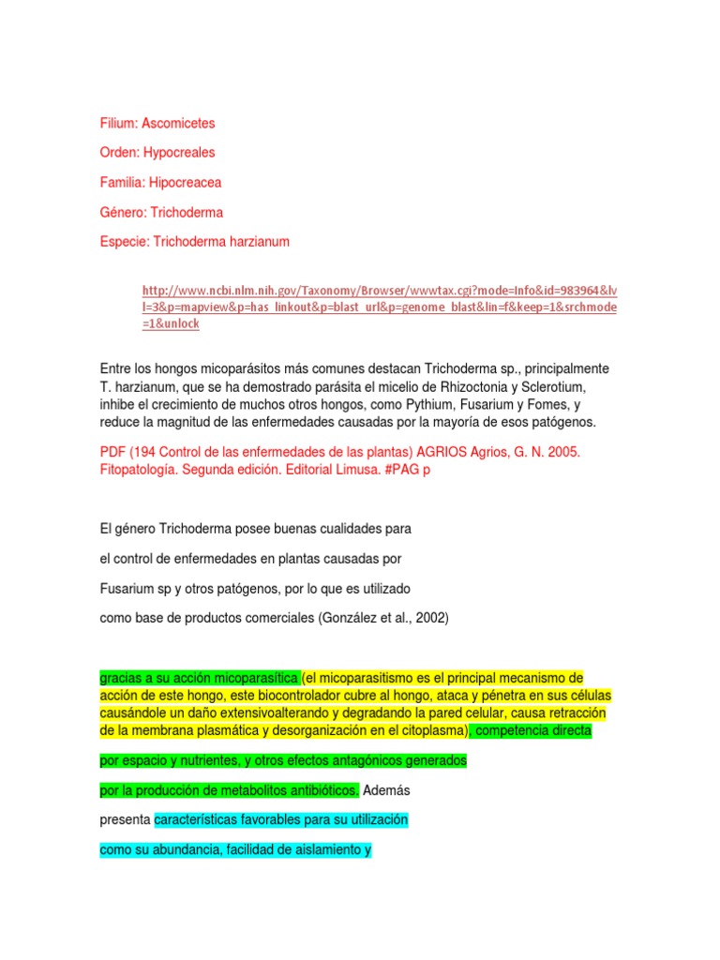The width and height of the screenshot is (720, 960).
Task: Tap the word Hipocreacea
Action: pyautogui.click(x=187, y=182)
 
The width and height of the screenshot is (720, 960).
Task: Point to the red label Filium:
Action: pyautogui.click(x=118, y=123)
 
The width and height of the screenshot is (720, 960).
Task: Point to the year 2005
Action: pyautogui.click(x=563, y=451)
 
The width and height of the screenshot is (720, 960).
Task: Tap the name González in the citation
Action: pyautogui.click(x=352, y=618)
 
